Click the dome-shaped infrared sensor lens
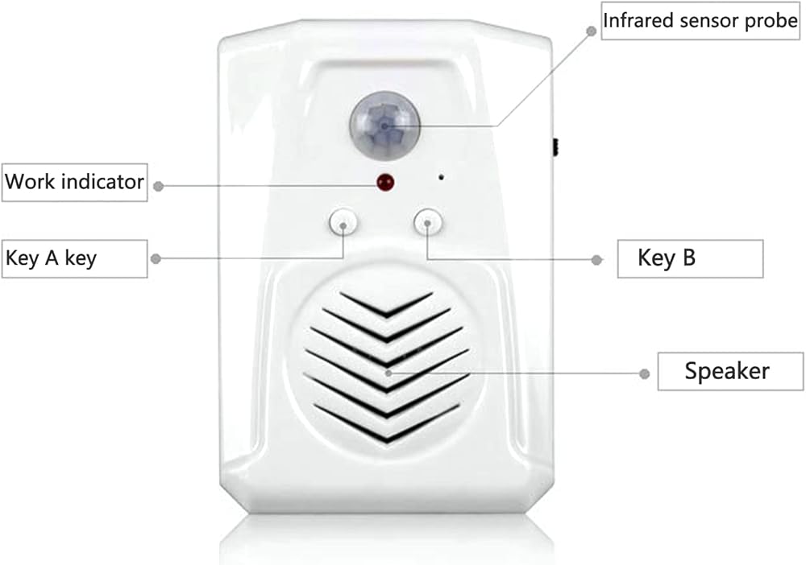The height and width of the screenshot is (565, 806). click(384, 126)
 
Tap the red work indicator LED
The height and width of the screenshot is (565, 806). click(385, 182)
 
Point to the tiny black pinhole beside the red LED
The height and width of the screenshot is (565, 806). click(441, 177)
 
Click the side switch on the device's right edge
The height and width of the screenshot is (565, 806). click(555, 147)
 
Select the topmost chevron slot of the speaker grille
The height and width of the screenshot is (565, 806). click(386, 304)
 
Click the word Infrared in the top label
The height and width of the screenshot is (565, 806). click(638, 21)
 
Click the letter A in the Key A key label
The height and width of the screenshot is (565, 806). click(52, 258)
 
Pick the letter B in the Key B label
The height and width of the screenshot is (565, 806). click(689, 258)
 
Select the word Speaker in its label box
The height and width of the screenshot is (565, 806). click(727, 371)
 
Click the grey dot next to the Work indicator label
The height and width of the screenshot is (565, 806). click(159, 186)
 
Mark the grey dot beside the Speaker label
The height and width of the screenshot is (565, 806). click(645, 373)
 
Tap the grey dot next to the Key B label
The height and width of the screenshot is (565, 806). click(596, 260)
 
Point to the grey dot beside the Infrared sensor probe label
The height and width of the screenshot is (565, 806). click(592, 31)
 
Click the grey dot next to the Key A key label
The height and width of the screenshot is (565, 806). click(156, 258)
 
